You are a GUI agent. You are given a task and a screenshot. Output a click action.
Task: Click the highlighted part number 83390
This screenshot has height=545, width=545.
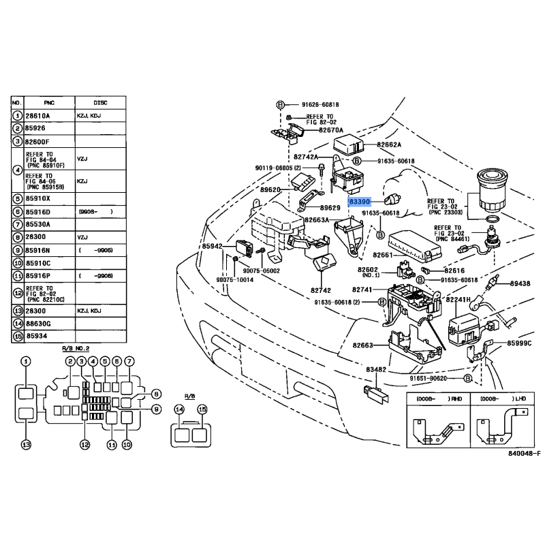359,203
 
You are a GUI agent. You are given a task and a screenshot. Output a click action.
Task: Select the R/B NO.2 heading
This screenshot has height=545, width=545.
76,348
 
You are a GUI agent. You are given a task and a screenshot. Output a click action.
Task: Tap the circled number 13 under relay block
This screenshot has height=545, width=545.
25,445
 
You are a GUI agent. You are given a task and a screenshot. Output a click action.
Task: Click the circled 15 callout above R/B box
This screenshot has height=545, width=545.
202,409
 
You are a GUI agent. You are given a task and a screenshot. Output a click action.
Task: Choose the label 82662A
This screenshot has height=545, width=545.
390,144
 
